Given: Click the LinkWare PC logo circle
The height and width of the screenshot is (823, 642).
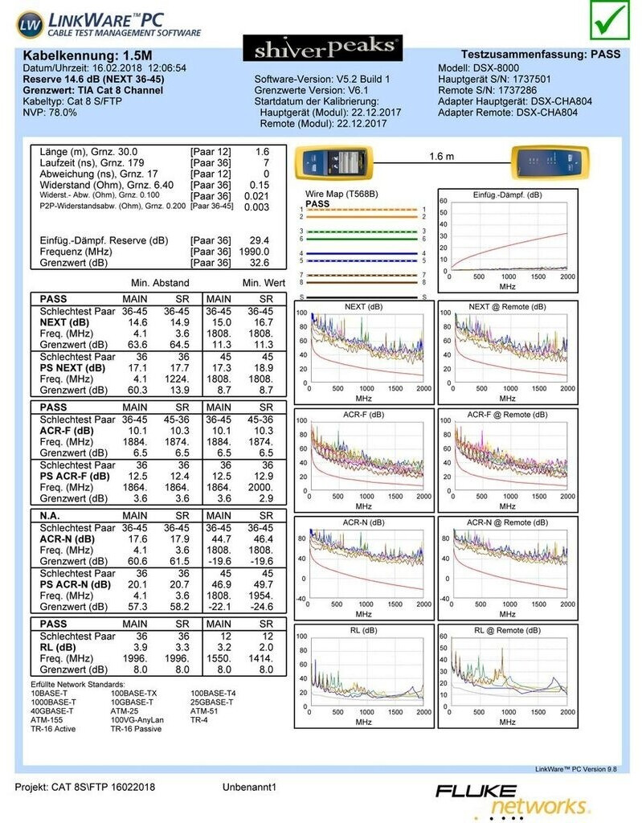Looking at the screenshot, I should tap(30, 25).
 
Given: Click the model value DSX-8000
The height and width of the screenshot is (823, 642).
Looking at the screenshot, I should tap(496, 68).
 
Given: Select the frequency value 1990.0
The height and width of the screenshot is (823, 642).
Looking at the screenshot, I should tap(254, 252).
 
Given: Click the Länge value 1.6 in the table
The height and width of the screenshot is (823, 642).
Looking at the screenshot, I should tap(262, 151).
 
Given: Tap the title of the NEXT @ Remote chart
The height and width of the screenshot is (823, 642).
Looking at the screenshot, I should tap(506, 307).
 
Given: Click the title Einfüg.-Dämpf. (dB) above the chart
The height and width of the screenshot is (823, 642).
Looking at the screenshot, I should tap(506, 194).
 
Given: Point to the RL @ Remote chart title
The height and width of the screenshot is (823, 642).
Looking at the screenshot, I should tap(506, 631).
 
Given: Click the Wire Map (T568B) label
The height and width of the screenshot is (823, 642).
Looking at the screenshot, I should tap(342, 194).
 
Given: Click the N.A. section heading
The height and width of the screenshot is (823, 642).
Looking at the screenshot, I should tap(52, 515).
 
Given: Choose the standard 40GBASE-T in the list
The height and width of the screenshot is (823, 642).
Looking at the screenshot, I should tap(52, 710).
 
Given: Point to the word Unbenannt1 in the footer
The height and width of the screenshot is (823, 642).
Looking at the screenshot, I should tap(248, 787).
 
